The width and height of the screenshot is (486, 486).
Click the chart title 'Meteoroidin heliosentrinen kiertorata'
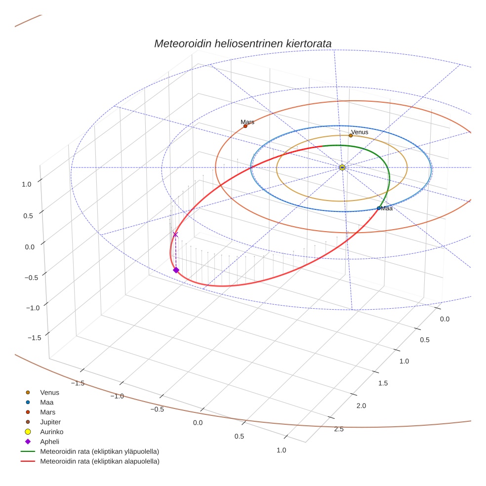243,43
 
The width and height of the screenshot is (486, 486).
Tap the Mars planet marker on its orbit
245,126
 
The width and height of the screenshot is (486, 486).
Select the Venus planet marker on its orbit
351,135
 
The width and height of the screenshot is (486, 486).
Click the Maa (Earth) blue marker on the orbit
378,208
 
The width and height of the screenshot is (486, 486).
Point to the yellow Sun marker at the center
342,167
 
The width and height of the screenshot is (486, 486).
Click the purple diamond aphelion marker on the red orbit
176,270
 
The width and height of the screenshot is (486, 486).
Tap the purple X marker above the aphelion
175,235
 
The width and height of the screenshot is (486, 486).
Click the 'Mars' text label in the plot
247,121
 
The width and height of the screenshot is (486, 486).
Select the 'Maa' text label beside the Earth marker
387,208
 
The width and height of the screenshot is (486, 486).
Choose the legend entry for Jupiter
50,422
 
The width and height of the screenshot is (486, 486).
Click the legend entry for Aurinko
52,432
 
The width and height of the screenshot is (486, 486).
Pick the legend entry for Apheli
49,442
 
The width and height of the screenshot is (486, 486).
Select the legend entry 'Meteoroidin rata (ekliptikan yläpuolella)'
99,451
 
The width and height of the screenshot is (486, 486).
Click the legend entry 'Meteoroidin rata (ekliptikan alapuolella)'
99,461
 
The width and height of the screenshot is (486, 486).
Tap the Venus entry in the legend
49,392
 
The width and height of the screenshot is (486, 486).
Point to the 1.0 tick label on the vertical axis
26,184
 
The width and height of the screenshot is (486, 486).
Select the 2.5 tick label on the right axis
339,429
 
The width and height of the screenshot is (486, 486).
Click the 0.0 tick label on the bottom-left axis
198,423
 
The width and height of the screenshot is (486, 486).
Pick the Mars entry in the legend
47,412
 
